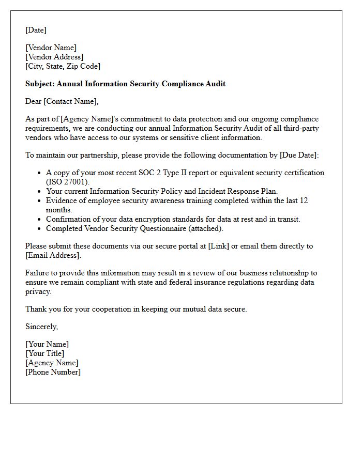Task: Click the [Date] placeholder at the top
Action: [36, 30]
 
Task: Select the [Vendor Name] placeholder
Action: [51, 48]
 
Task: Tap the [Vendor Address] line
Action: [54, 57]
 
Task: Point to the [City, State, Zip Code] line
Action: [63, 66]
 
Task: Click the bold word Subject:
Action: [40, 84]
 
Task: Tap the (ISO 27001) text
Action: [68, 182]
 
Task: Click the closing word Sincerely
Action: [41, 327]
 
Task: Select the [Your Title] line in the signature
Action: [45, 353]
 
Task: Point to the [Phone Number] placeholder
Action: [53, 372]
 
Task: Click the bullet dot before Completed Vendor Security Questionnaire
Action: [39, 228]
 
